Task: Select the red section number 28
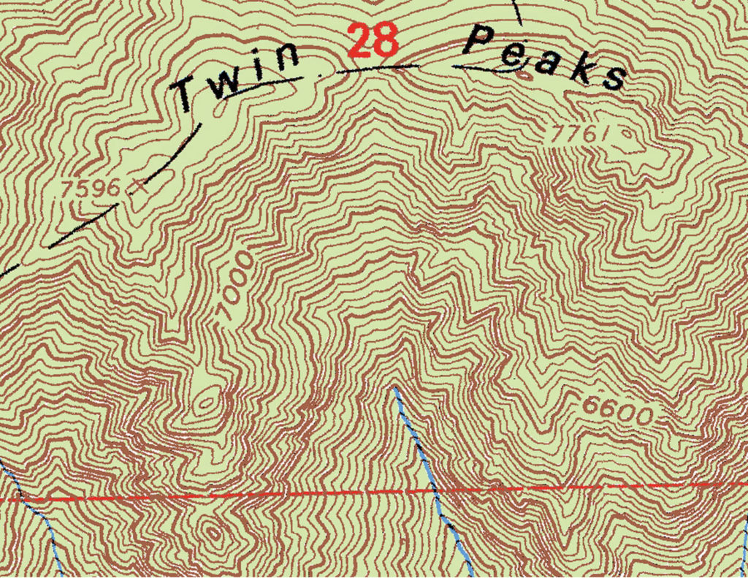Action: click(x=373, y=41)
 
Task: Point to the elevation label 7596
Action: click(x=91, y=188)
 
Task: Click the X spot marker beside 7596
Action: click(x=137, y=187)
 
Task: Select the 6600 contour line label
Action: click(x=618, y=411)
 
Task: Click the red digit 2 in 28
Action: click(x=359, y=41)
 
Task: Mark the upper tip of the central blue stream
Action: click(x=394, y=388)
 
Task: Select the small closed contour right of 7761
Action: click(x=627, y=134)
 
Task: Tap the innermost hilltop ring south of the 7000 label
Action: click(x=207, y=400)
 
